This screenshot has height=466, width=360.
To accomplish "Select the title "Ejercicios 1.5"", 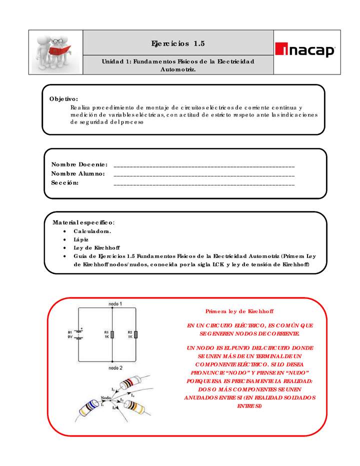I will [178, 43].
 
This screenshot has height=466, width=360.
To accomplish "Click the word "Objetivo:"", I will [63, 99].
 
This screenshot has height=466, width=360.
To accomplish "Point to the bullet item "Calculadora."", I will [92, 231].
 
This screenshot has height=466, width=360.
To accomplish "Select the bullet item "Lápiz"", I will [81, 239].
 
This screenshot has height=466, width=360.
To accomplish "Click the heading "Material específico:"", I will [83, 222].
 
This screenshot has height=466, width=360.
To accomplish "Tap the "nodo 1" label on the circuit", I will [115, 303].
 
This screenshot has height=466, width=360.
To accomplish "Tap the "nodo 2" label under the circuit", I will [115, 367].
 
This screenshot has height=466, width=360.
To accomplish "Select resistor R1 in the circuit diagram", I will [112, 334].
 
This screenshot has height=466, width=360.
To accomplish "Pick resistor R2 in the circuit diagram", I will [135, 334].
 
